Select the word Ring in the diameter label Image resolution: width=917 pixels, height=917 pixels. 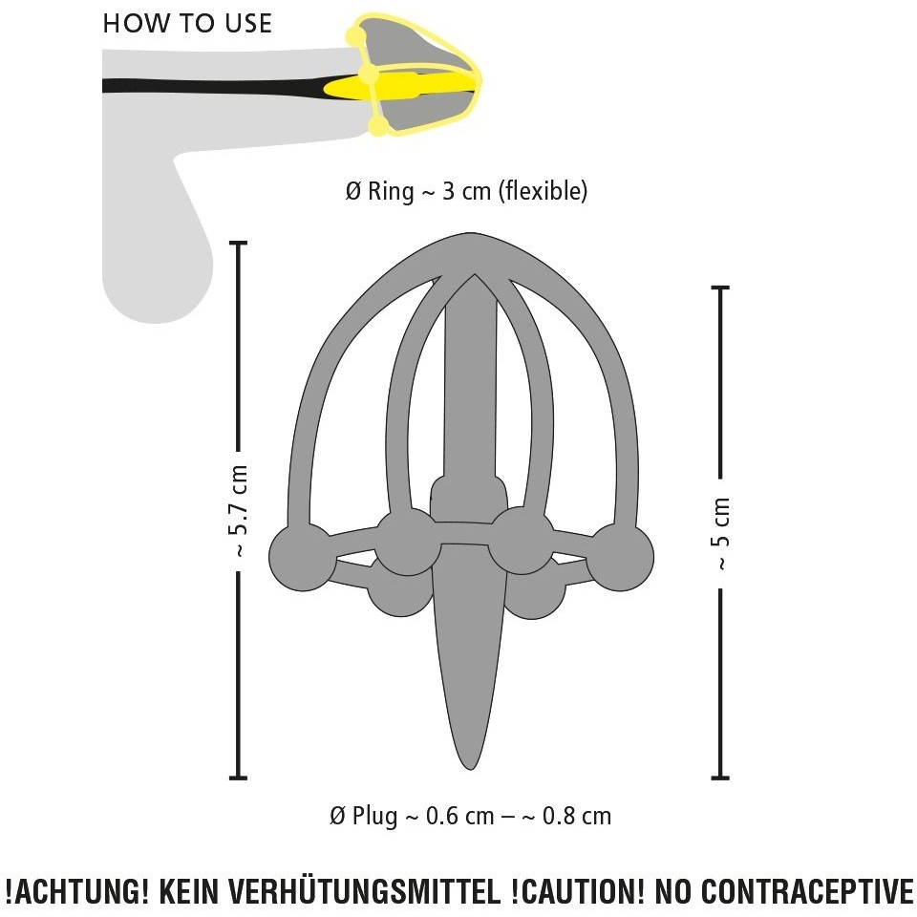click(x=390, y=191)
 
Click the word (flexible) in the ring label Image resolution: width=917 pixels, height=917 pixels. click(x=543, y=191)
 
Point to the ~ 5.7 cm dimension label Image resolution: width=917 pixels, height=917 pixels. click(x=239, y=510)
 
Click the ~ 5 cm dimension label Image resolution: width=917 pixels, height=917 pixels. click(x=721, y=533)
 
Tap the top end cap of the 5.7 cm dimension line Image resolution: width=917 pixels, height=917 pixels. click(x=238, y=242)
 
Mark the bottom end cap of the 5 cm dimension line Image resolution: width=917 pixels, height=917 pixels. click(x=720, y=778)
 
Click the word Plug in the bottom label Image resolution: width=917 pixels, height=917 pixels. click(x=374, y=816)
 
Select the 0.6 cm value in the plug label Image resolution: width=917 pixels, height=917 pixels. click(x=459, y=816)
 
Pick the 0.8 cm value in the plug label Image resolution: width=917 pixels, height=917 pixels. click(x=577, y=816)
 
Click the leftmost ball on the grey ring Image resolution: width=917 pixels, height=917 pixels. click(x=303, y=557)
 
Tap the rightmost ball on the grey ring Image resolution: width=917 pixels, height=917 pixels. click(x=620, y=557)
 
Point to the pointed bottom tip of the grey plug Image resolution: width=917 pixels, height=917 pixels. click(x=470, y=768)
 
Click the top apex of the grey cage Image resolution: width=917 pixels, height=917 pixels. click(x=470, y=235)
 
